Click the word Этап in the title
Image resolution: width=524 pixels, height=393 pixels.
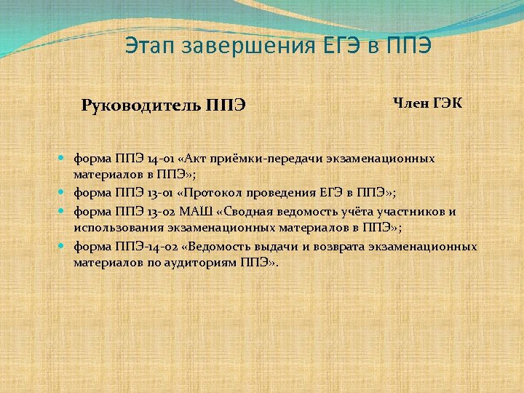(149, 45)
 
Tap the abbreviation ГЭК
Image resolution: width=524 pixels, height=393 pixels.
(447, 103)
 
